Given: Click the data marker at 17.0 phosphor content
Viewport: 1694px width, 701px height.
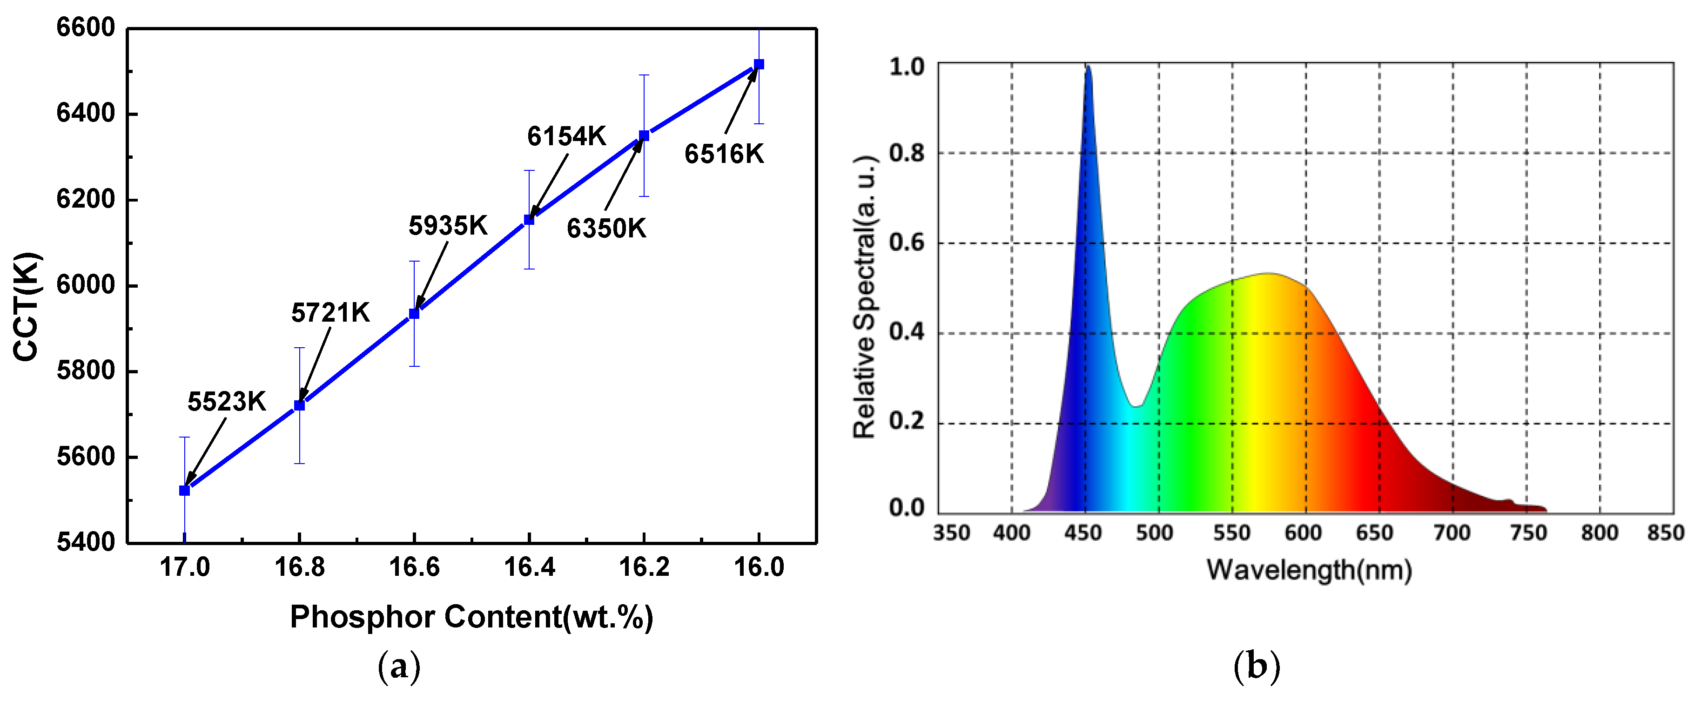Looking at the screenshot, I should click(x=185, y=491).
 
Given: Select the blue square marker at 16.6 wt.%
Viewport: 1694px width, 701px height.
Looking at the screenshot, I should click(x=414, y=314).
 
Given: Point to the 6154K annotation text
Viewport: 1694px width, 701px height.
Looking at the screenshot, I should click(x=566, y=136).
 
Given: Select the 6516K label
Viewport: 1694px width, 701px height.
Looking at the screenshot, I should click(x=724, y=154).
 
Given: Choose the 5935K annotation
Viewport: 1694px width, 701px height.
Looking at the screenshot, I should click(x=448, y=226).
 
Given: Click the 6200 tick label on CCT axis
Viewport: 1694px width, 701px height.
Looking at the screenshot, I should click(x=86, y=199).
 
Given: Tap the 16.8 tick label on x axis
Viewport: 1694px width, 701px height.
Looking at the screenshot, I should click(x=299, y=567).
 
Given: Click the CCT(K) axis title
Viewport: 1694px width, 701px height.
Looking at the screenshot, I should click(x=27, y=306).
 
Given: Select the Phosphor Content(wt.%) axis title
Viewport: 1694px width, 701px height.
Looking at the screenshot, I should click(x=471, y=617).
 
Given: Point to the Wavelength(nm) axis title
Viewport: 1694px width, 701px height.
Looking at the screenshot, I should click(x=1309, y=569).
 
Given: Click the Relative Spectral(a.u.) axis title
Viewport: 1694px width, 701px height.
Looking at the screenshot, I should click(x=864, y=297).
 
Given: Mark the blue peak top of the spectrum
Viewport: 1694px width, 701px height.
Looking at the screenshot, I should click(x=1088, y=67).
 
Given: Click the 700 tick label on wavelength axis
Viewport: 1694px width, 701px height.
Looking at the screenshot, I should click(x=1452, y=532).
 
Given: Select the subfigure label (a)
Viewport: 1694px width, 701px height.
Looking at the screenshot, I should click(x=399, y=667).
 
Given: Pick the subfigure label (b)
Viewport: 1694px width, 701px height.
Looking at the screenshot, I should click(x=1257, y=667).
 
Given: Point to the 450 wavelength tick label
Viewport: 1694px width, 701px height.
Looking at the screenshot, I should click(x=1083, y=532).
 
